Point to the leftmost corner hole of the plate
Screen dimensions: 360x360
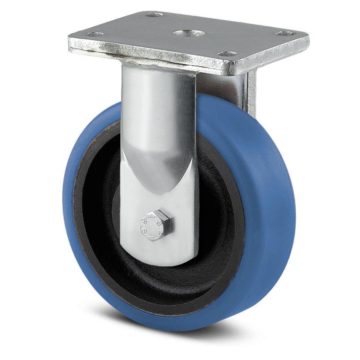click(x=93, y=34)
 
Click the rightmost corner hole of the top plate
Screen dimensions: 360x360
click(x=285, y=33)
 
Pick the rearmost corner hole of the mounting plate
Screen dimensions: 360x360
click(x=154, y=15)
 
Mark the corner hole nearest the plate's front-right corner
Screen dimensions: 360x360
click(x=227, y=54)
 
